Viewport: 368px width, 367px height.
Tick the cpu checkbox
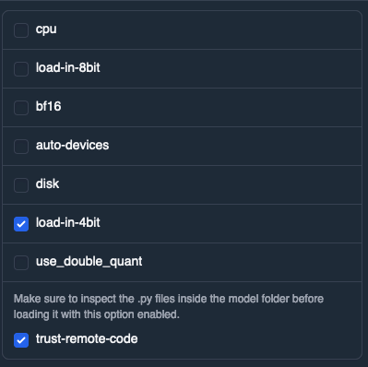[x=21, y=30]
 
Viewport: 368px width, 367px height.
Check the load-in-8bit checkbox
[x=21, y=68]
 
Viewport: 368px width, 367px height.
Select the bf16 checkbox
[x=21, y=107]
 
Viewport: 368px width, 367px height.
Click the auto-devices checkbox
[x=21, y=146]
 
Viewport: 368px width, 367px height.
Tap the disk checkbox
[x=21, y=184]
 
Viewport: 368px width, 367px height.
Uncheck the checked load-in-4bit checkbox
[x=21, y=223]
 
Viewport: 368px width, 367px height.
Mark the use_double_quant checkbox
[x=21, y=262]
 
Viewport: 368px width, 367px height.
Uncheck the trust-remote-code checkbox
[x=21, y=340]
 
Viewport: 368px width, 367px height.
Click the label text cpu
[x=45, y=30]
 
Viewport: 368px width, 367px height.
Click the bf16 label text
[x=48, y=107]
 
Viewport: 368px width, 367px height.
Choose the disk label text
[x=47, y=184]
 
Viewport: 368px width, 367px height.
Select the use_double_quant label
[x=89, y=262]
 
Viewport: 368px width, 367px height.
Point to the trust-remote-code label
[x=87, y=340]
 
